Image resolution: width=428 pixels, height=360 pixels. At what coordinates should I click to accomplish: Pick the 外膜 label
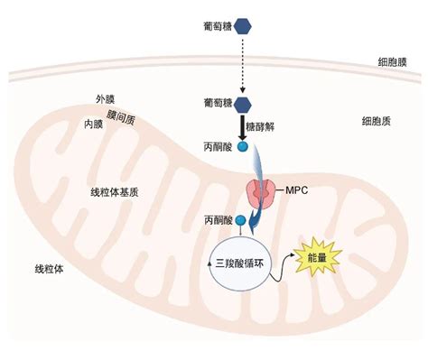106,98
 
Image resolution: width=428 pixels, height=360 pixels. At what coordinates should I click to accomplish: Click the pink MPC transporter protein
262,192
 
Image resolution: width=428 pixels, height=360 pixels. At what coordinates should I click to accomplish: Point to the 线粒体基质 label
114,193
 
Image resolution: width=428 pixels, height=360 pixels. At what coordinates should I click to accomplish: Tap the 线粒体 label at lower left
50,269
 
